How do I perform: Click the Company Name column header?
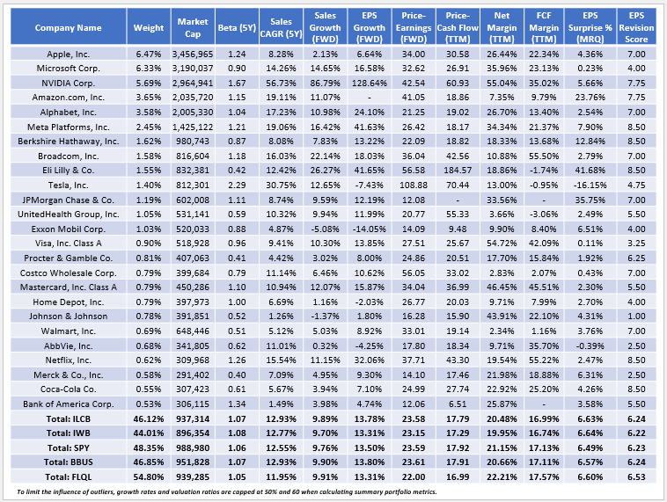point(66,27)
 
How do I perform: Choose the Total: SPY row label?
point(66,447)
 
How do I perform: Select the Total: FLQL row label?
point(66,475)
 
